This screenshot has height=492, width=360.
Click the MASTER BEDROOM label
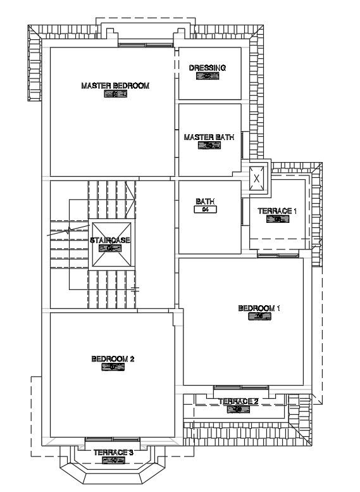click(x=115, y=85)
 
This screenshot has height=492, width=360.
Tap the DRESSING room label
click(x=208, y=68)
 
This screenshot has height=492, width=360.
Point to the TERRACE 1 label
click(x=276, y=211)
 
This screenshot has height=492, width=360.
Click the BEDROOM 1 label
click(x=259, y=308)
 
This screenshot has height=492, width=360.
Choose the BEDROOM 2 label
click(x=113, y=358)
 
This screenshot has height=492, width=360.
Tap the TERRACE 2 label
click(x=238, y=401)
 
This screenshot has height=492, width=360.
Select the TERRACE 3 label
click(x=113, y=453)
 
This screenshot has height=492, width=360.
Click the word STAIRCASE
click(x=110, y=241)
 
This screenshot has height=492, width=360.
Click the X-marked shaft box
click(x=256, y=179)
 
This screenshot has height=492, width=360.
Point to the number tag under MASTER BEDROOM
click(x=115, y=95)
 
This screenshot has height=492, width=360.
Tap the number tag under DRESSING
click(x=208, y=77)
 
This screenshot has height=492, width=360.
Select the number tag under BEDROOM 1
click(x=259, y=317)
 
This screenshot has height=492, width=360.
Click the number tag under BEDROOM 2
click(x=113, y=367)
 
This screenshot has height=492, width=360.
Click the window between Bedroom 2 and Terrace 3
click(x=113, y=439)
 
